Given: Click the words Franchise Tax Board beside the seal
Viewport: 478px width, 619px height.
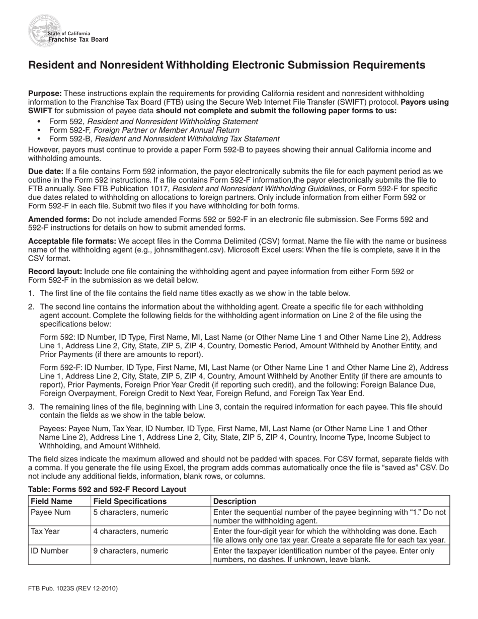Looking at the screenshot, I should click(77, 40).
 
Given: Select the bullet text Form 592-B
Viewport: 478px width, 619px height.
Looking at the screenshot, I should click(70, 139).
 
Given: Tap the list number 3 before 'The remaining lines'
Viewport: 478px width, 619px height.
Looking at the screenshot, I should click(31, 407).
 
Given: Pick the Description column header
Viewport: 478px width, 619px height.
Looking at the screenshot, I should click(234, 501).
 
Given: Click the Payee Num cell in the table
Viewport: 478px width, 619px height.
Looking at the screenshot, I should click(51, 512).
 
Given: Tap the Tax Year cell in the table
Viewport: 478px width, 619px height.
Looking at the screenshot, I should click(46, 531).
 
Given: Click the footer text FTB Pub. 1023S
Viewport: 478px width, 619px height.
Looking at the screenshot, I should click(72, 588).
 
